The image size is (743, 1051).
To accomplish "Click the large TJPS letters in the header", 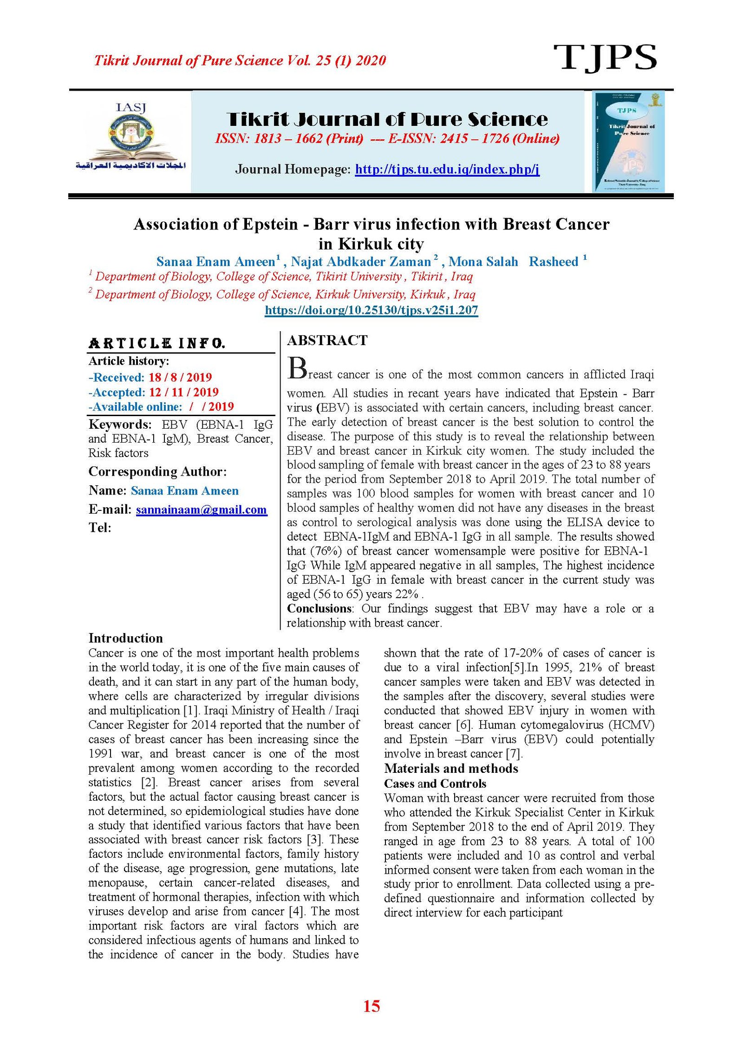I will (605, 58).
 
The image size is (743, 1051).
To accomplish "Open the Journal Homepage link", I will (447, 169).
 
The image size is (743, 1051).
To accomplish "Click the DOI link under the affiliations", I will (371, 310).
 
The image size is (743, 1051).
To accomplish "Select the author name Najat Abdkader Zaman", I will (361, 262).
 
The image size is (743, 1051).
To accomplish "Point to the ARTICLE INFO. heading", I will (157, 343).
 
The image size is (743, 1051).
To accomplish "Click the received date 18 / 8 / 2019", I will (180, 377).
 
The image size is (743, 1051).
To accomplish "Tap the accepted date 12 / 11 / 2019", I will (183, 392).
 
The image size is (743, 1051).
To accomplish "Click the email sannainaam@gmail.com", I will (201, 510).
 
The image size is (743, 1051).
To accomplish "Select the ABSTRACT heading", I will (327, 340).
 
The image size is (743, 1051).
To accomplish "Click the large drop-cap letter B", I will (297, 369).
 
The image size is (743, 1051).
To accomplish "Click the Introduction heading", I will (125, 638).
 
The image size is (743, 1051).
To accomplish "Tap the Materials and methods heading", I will (450, 768).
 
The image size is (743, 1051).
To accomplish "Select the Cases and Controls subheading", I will (435, 783).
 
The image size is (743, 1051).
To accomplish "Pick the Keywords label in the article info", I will (120, 424).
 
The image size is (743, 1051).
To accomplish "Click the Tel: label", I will (100, 528).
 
